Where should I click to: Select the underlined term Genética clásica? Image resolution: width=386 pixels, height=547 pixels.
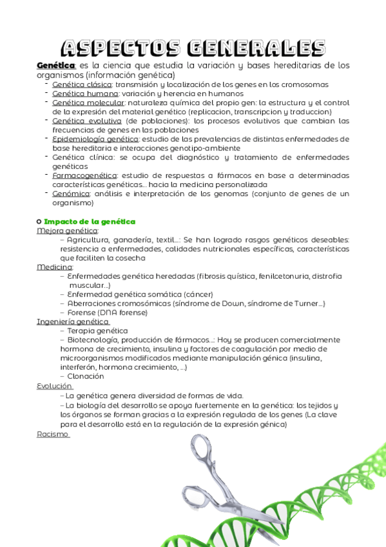[x=82, y=84]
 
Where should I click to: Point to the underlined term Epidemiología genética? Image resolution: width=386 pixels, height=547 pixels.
[x=95, y=138]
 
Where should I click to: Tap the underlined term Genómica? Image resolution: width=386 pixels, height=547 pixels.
[x=72, y=193]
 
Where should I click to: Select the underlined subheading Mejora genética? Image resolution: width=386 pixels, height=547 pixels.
[x=68, y=230]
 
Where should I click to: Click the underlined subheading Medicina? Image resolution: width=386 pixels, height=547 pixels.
[x=55, y=266]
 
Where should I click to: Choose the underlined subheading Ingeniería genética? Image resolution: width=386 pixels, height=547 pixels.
[x=73, y=321]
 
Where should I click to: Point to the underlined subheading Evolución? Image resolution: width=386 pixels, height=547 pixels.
[x=54, y=385]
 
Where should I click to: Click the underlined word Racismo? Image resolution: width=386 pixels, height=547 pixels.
[x=53, y=434]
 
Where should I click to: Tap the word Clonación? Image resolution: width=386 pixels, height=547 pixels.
[x=85, y=376]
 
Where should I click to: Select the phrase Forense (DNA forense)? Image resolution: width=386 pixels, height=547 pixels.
[x=107, y=312]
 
